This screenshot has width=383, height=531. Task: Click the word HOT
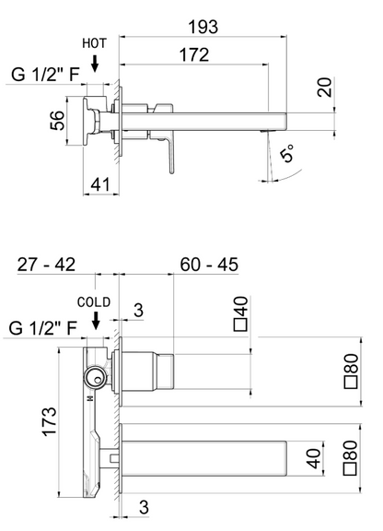(x=96, y=44)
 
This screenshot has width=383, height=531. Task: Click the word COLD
(x=95, y=301)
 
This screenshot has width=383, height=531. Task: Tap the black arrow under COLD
(x=96, y=323)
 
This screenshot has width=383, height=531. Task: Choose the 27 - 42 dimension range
(x=46, y=265)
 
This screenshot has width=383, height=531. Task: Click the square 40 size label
(x=242, y=313)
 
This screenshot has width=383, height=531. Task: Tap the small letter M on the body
(x=89, y=400)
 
